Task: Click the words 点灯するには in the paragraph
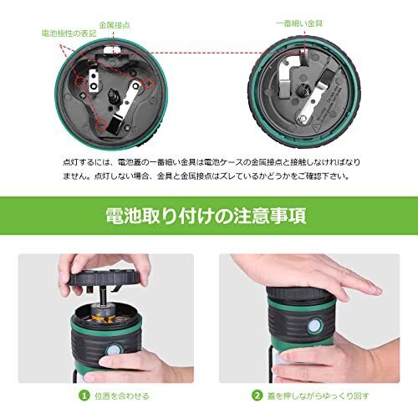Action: coord(84,161)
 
